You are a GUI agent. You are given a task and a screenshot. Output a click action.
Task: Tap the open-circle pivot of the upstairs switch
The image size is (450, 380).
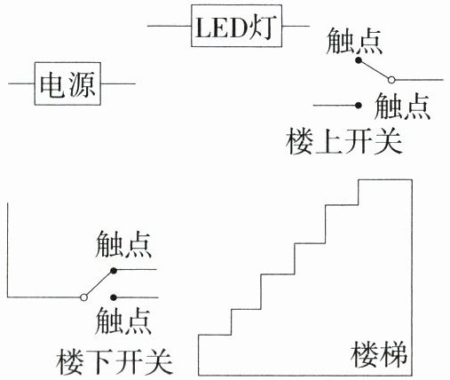(391, 80)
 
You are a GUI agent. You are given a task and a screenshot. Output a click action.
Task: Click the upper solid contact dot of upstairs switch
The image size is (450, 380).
(359, 60)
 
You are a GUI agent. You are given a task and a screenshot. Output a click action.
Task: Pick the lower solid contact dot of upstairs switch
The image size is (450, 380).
(359, 105)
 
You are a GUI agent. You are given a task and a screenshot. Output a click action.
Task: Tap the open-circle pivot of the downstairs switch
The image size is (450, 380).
(83, 297)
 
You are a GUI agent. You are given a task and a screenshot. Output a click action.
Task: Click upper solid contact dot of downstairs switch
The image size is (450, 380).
(114, 270)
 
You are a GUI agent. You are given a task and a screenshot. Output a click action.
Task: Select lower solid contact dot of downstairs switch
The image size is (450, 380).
(114, 297)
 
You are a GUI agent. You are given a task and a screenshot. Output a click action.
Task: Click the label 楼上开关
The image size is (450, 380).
(344, 141)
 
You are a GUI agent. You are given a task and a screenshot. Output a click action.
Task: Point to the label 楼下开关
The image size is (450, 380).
(114, 361)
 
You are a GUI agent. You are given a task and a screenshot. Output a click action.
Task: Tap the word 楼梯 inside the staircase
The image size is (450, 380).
(379, 354)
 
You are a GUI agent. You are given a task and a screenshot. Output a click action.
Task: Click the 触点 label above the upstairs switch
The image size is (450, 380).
(354, 41)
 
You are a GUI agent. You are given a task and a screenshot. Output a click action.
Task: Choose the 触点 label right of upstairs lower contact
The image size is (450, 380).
(402, 106)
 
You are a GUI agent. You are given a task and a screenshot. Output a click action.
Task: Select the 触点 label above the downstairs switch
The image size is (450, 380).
(123, 244)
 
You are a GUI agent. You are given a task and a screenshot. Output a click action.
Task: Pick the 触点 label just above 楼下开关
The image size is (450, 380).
(123, 321)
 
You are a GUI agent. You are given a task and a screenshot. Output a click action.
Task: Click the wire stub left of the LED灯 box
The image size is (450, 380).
(170, 26)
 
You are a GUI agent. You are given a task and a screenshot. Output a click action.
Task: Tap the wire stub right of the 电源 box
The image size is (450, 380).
(118, 83)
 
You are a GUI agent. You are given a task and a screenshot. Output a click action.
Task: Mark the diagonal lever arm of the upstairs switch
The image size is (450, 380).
(375, 70)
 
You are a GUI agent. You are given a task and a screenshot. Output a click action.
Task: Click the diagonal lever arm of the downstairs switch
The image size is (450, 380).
(99, 283)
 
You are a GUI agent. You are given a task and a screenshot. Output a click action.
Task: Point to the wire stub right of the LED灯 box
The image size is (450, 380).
(296, 26)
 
